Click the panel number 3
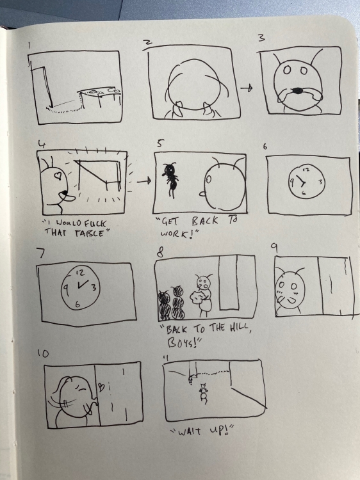pyautogui.click(x=261, y=38)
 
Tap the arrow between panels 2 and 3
pyautogui.click(x=246, y=88)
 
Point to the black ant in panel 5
pyautogui.click(x=170, y=180)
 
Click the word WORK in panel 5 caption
pyautogui.click(x=173, y=234)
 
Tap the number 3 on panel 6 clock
pyautogui.click(x=320, y=182)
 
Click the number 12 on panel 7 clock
pyautogui.click(x=81, y=273)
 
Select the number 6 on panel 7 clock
pyautogui.click(x=78, y=304)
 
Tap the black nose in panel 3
pyautogui.click(x=297, y=90)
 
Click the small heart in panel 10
pyautogui.click(x=101, y=387)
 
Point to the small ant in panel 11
pyautogui.click(x=204, y=393)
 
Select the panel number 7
pyautogui.click(x=41, y=253)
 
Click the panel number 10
pyautogui.click(x=43, y=354)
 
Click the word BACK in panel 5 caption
pyautogui.click(x=205, y=221)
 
